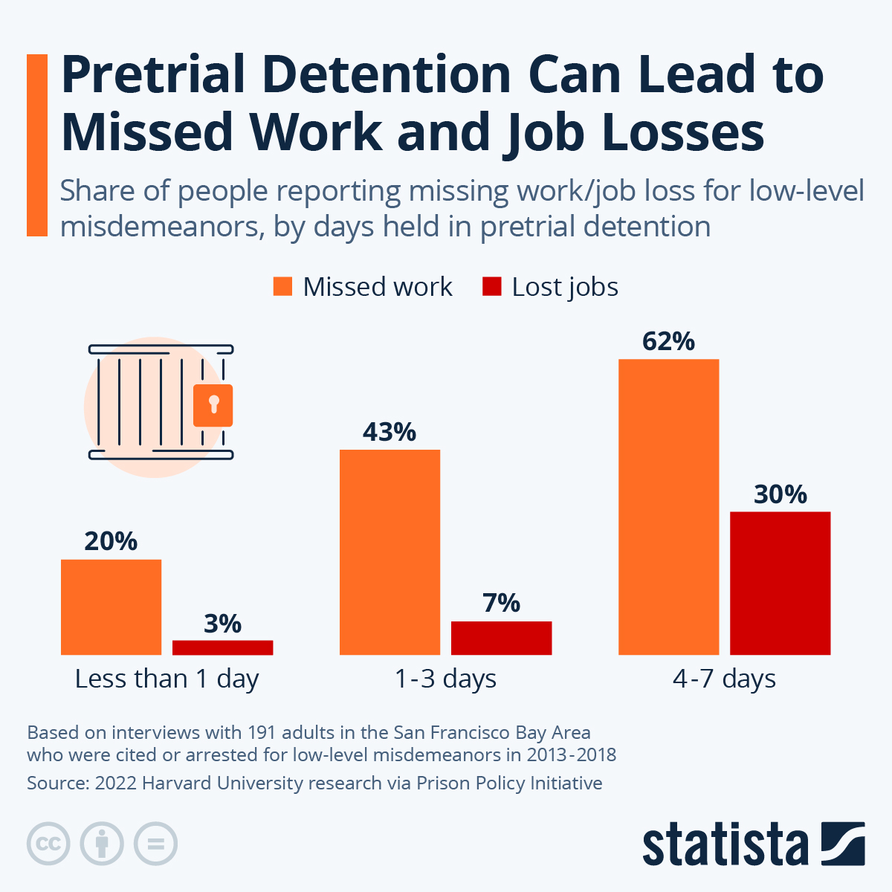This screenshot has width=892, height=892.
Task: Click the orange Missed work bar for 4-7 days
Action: [668, 506]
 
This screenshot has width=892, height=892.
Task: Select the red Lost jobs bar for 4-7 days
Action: [780, 583]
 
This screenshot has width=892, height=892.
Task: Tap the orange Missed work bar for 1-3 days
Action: [390, 552]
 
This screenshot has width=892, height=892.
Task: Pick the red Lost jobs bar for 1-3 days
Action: [501, 638]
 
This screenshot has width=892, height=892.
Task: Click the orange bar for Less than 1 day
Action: [111, 607]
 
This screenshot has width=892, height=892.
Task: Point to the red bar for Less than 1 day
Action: [222, 647]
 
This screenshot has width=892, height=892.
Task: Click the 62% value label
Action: [668, 341]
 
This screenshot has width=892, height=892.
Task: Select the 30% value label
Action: [780, 494]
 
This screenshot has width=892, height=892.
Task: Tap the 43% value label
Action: [390, 432]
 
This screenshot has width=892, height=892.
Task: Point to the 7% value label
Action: [501, 603]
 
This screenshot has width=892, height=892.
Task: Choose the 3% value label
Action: [222, 624]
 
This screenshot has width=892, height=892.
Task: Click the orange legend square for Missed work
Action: [282, 286]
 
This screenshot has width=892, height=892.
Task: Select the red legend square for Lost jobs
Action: [491, 286]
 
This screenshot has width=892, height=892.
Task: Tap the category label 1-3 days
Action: [445, 679]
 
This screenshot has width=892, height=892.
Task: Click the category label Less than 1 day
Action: [167, 679]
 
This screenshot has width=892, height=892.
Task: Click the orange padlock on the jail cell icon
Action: [213, 405]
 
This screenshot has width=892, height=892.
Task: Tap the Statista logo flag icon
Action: [843, 844]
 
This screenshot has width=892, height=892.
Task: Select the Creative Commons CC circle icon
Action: [48, 844]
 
